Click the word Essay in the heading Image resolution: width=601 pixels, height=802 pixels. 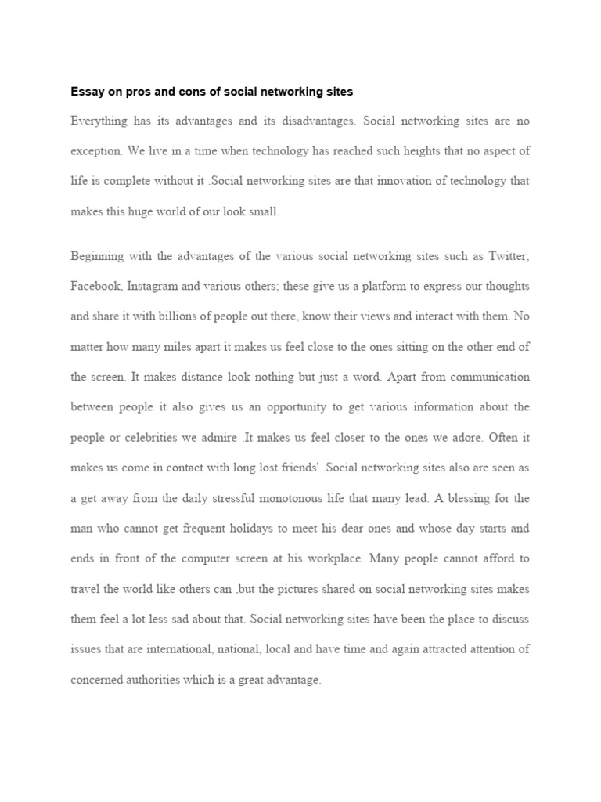86,92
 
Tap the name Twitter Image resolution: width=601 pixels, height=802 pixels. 509,256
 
